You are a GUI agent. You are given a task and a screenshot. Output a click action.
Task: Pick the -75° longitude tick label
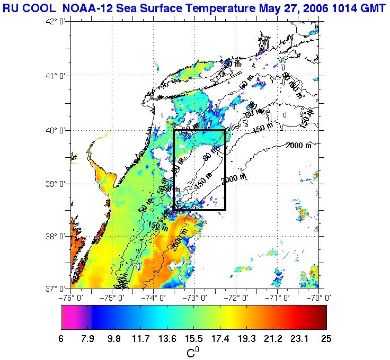113,297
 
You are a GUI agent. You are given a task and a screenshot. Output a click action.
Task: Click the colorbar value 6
61,339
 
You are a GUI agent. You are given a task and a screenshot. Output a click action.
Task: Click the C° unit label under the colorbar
193,352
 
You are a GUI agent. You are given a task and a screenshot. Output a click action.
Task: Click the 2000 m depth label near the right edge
298,146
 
